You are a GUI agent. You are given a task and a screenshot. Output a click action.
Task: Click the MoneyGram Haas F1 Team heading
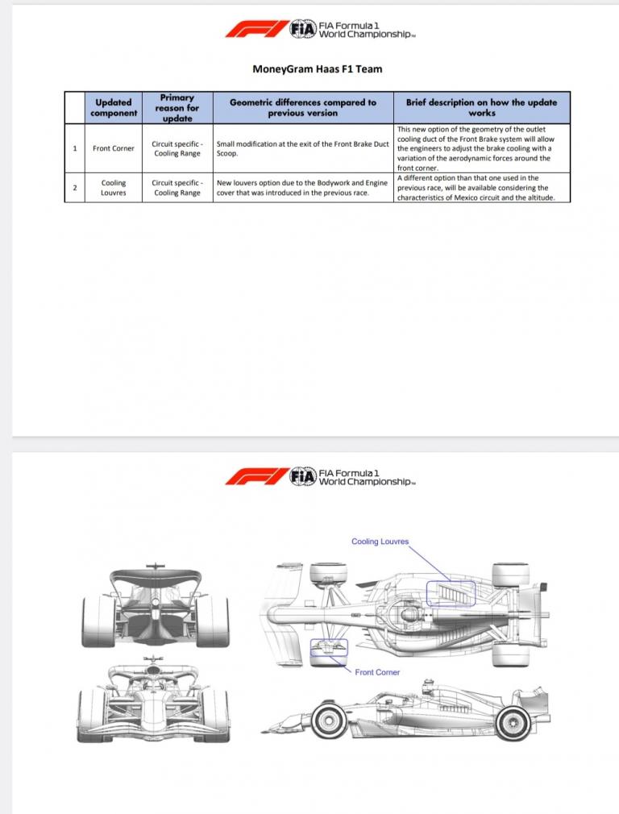(x=318, y=69)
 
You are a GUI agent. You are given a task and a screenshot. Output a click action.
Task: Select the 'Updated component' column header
(x=114, y=107)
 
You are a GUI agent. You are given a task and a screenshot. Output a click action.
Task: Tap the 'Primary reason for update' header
(x=177, y=107)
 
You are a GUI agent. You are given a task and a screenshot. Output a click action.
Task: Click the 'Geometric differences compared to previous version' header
(x=303, y=107)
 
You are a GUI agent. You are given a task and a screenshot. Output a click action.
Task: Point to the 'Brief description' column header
(x=482, y=107)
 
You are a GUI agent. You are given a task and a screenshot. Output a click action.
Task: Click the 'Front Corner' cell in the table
(x=114, y=148)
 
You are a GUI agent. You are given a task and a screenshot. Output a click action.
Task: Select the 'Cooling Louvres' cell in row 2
(x=114, y=188)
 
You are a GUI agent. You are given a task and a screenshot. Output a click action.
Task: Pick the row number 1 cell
(x=75, y=148)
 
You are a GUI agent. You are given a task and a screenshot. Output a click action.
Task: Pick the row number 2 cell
(x=75, y=188)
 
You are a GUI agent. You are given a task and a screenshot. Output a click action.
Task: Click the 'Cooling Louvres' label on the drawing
(x=380, y=542)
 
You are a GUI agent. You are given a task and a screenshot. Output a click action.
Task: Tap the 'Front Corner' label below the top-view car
(x=377, y=672)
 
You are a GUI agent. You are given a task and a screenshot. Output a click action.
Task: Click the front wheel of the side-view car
(x=329, y=718)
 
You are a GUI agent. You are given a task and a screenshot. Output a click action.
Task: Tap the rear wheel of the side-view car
(x=513, y=718)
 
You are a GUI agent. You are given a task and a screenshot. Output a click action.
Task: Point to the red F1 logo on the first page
(x=255, y=31)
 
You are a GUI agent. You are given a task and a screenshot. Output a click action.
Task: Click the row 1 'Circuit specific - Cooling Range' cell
(x=177, y=148)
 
